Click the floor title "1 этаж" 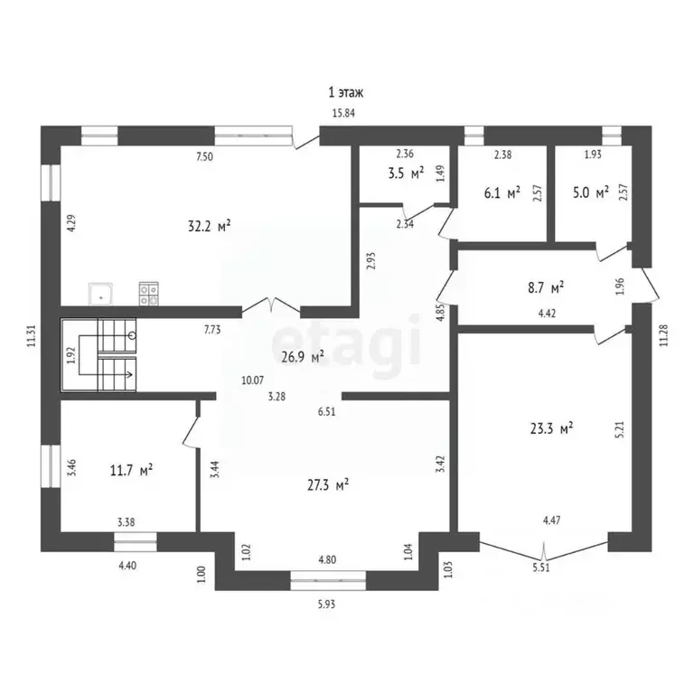[346, 92]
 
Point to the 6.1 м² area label [502, 192]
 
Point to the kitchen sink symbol [99, 293]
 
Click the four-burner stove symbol [149, 293]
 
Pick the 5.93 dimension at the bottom [328, 604]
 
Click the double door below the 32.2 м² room [276, 307]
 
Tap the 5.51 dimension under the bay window [542, 568]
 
